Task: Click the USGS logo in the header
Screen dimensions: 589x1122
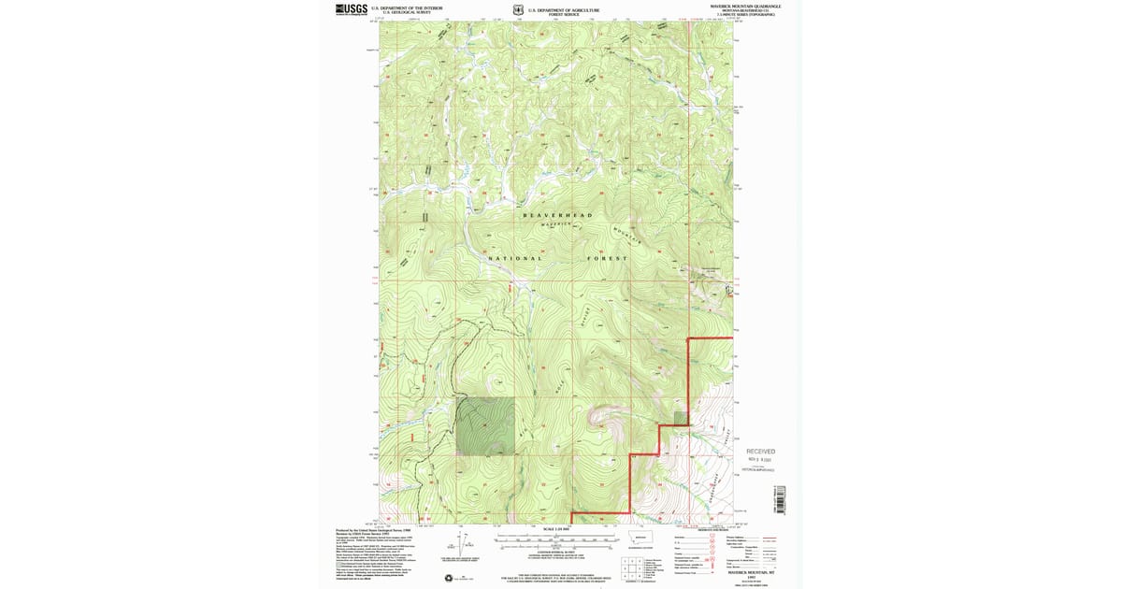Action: pyautogui.click(x=352, y=9)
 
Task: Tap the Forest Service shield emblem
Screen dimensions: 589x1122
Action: pyautogui.click(x=518, y=10)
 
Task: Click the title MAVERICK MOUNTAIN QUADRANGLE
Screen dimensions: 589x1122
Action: pyautogui.click(x=745, y=7)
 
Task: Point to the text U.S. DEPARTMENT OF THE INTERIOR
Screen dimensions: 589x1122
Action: pyautogui.click(x=407, y=7)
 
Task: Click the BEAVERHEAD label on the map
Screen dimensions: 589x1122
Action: pyautogui.click(x=557, y=215)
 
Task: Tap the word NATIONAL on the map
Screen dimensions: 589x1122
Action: pyautogui.click(x=513, y=258)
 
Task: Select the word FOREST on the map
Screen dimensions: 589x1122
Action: pyautogui.click(x=604, y=258)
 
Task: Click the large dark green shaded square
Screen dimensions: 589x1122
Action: pyautogui.click(x=485, y=425)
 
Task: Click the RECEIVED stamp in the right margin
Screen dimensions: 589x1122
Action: pyautogui.click(x=760, y=452)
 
